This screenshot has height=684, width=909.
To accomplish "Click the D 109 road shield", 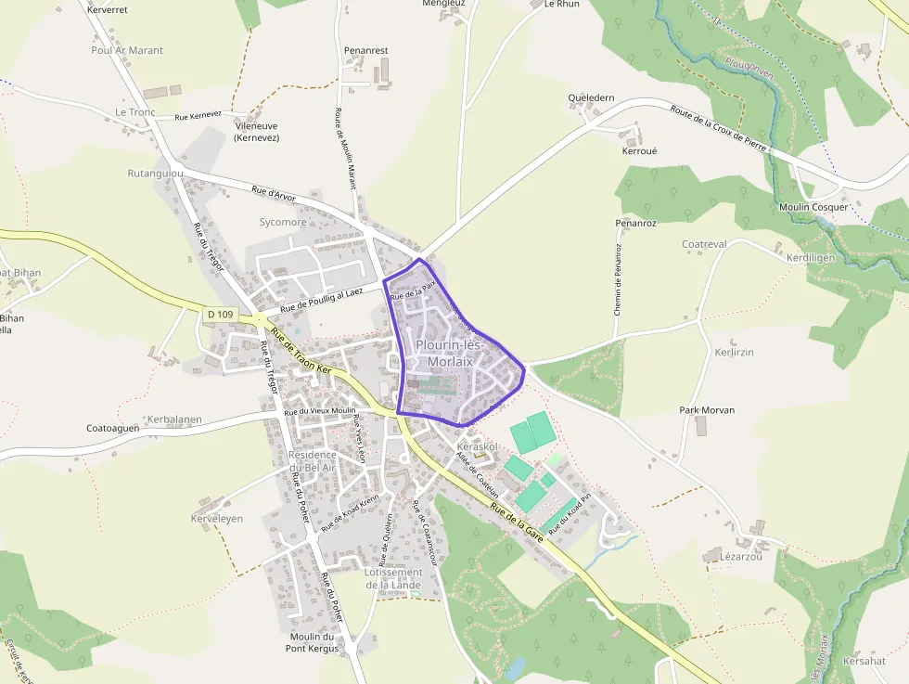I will point(221,315).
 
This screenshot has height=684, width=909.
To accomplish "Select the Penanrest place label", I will point(365,50).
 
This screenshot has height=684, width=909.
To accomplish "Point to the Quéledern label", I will point(591,97).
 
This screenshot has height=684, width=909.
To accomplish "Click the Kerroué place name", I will point(639,149).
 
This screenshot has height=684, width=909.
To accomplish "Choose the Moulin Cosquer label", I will point(813,207).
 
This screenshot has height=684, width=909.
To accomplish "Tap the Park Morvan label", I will point(707,410).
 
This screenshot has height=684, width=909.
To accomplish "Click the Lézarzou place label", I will point(740,557).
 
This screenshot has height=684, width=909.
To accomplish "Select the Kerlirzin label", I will point(734,353).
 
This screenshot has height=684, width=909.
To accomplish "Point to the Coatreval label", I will point(704,244).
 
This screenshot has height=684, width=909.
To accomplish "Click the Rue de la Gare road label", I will point(516,524).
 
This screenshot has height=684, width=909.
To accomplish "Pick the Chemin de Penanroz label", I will point(617,279).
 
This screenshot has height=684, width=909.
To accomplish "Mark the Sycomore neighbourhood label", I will point(283,223).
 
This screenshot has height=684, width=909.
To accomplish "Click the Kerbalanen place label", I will point(174,419).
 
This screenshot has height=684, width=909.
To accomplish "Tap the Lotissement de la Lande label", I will point(393,578).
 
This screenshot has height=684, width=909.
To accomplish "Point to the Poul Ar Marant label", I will point(127,50).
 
